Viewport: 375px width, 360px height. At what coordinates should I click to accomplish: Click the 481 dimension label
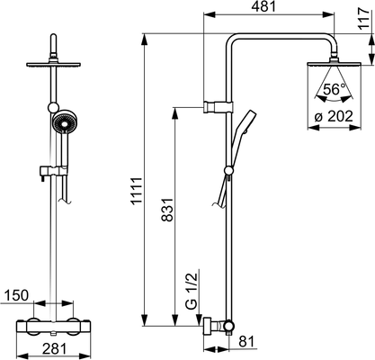pos(263,6)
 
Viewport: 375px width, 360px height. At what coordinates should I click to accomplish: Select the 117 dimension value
pos(365,19)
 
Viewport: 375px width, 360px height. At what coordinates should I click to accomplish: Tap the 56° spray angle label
pos(335,89)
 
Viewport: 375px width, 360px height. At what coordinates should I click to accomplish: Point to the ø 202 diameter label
pos(334,116)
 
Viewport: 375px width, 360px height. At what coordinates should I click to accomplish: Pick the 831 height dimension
pos(167,210)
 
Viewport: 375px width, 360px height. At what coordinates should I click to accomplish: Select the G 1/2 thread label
pos(192,291)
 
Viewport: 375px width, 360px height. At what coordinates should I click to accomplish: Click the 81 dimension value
pos(246,341)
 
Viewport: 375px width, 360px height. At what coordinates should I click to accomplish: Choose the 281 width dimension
pos(54,349)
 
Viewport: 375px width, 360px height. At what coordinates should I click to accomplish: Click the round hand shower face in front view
pos(64,124)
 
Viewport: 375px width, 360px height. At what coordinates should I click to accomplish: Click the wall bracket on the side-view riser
pos(218,107)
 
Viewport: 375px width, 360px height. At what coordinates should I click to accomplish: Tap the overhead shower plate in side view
pos(334,64)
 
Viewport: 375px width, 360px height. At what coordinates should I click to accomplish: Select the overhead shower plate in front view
pos(54,65)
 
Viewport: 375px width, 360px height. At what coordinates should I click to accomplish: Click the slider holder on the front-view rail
pos(53,171)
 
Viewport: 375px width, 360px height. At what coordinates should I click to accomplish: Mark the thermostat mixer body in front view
pos(53,327)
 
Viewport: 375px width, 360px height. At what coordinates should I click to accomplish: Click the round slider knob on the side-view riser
pos(228,171)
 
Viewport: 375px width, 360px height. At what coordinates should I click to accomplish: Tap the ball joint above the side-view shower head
pos(334,58)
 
